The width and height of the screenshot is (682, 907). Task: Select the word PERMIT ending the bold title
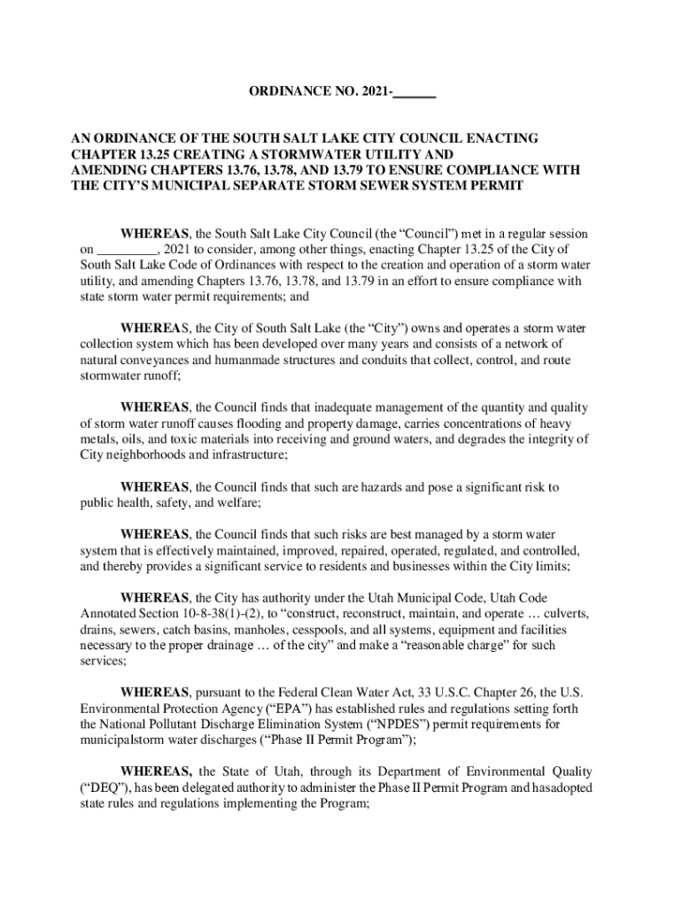pos(496,186)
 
